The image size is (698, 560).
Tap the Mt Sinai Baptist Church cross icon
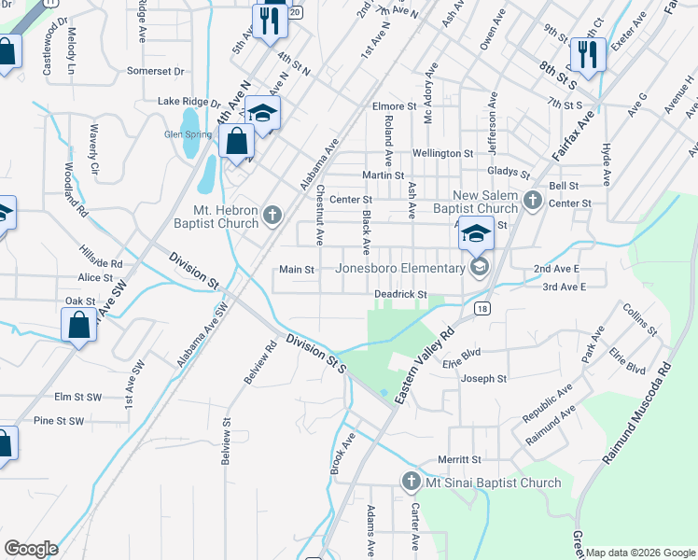(x=411, y=483)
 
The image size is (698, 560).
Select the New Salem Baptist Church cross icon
(x=533, y=200)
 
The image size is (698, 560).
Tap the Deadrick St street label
(x=400, y=294)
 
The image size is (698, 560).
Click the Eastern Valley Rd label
(x=423, y=364)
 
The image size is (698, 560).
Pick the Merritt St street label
(x=460, y=460)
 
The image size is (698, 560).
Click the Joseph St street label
(x=484, y=379)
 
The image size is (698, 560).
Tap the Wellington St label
(x=443, y=153)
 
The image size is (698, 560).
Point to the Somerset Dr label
(x=157, y=71)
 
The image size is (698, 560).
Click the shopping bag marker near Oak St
(x=79, y=325)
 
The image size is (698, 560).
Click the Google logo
(x=31, y=549)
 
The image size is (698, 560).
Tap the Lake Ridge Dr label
(x=188, y=102)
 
